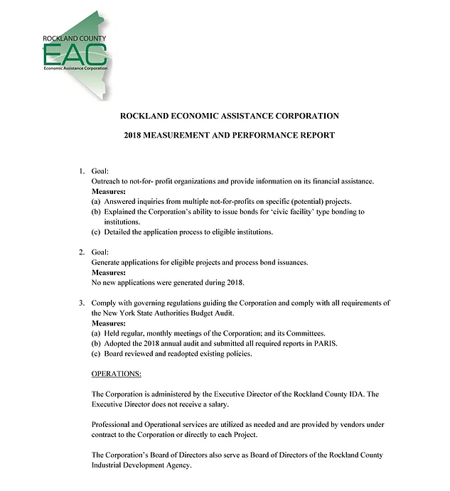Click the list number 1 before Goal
pos(81,172)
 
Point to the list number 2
pos(81,252)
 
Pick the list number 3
pos(81,303)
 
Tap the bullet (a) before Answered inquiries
pos(97,202)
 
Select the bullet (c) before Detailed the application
pos(97,232)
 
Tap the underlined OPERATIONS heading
pos(117,374)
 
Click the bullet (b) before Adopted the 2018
pos(97,343)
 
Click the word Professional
pos(114,424)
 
